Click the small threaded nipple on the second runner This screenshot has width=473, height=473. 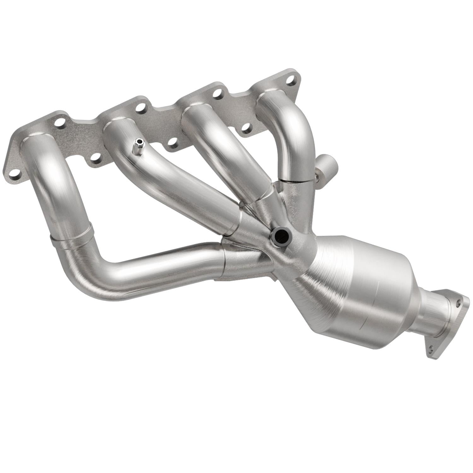click(138, 147)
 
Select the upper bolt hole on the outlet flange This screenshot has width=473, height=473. click(458, 303)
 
